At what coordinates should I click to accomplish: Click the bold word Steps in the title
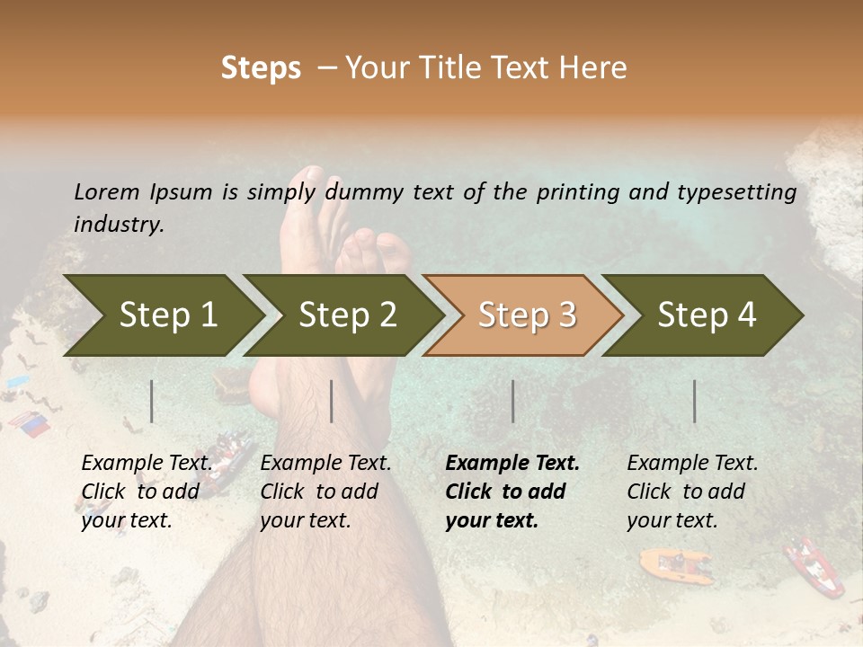(x=261, y=68)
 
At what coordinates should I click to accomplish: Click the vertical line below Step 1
(x=152, y=401)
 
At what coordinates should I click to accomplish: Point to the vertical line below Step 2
(x=332, y=401)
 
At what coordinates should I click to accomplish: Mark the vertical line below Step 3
(x=512, y=401)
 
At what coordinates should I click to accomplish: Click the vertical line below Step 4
(x=694, y=401)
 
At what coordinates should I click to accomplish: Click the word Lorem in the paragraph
(x=107, y=191)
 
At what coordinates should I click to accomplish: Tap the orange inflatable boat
(x=674, y=563)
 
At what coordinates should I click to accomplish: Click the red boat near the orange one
(x=814, y=566)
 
